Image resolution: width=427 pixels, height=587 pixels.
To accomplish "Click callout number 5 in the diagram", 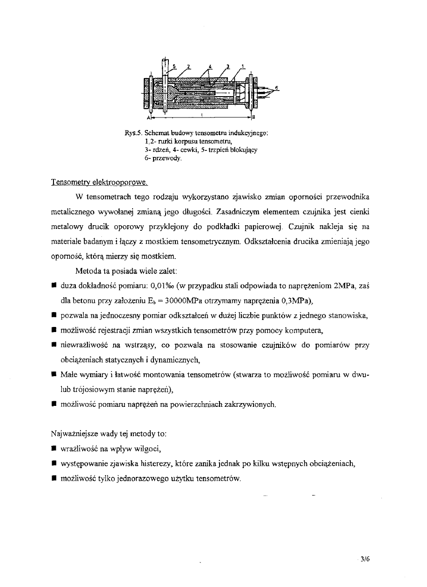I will point(174,66).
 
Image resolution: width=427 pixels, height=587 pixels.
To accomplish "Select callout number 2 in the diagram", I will point(188,66).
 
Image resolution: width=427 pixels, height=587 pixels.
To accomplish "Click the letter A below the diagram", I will point(150,117).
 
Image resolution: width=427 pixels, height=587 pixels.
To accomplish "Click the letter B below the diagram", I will point(254,117).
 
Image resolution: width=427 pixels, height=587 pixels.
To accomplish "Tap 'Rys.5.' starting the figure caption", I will point(133,133).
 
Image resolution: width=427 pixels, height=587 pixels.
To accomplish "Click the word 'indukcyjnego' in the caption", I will point(251,133).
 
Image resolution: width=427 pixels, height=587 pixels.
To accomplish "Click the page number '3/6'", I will point(364,560).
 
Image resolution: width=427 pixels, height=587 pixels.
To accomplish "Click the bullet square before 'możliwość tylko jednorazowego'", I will point(54,478).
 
